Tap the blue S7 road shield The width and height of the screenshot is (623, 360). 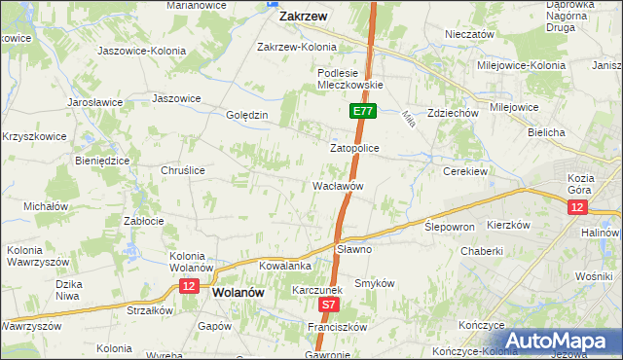pyautogui.click(x=329, y=305)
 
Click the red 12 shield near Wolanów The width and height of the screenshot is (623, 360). pyautogui.click(x=189, y=285)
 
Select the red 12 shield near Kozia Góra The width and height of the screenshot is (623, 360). pyautogui.click(x=577, y=207)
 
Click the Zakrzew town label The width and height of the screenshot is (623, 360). pyautogui.click(x=303, y=17)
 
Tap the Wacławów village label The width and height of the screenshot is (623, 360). pyautogui.click(x=338, y=185)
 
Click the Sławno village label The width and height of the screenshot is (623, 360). pyautogui.click(x=354, y=249)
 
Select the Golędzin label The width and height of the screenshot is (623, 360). pyautogui.click(x=246, y=115)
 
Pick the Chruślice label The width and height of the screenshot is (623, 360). pyautogui.click(x=182, y=169)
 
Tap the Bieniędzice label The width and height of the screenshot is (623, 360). pyautogui.click(x=102, y=160)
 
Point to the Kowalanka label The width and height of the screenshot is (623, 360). pyautogui.click(x=285, y=265)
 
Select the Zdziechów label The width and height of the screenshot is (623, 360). pyautogui.click(x=453, y=112)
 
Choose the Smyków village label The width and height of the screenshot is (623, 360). pyautogui.click(x=374, y=283)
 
